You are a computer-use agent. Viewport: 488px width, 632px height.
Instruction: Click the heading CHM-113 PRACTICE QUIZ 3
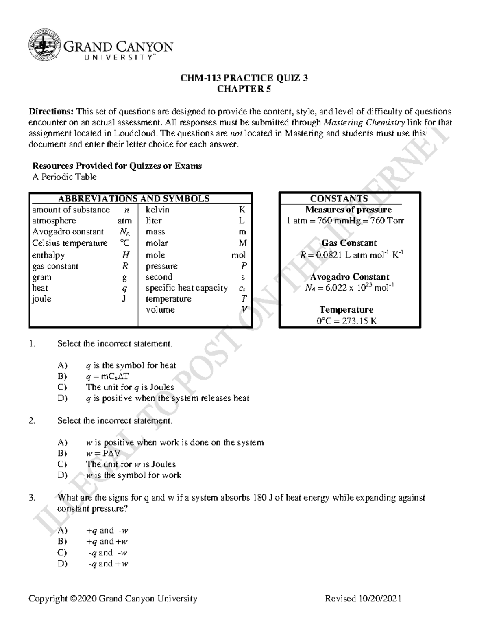point(244,78)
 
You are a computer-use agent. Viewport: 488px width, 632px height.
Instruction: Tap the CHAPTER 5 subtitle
point(244,89)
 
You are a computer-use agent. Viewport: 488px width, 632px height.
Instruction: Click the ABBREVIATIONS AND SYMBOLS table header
point(133,199)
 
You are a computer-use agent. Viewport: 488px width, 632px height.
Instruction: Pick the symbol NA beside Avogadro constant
point(124,232)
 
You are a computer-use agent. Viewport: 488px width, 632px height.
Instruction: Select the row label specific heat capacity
point(187,288)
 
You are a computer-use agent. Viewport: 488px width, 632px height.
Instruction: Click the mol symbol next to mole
point(238,255)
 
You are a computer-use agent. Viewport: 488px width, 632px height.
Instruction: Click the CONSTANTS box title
point(339,199)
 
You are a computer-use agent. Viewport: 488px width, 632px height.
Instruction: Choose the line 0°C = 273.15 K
point(346,321)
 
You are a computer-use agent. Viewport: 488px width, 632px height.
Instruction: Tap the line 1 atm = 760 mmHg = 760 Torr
point(345,221)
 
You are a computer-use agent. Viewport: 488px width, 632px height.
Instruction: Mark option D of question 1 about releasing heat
point(167,398)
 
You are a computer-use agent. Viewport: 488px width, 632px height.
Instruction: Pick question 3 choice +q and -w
point(107,530)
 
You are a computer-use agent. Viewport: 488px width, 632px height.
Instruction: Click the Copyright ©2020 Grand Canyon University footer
point(113,599)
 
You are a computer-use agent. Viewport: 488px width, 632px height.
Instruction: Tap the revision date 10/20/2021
point(380,599)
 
